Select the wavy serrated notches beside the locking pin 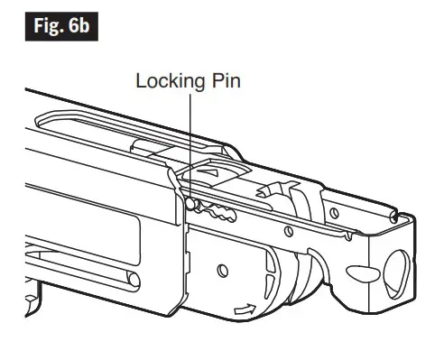tap(217, 211)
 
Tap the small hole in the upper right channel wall tap(335, 214)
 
